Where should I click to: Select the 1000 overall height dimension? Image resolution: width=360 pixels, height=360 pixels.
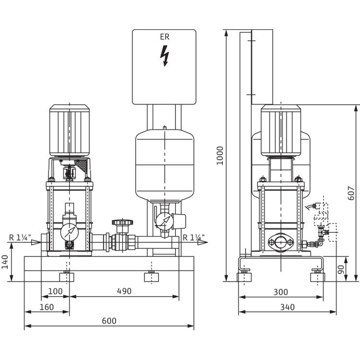coord(220,156)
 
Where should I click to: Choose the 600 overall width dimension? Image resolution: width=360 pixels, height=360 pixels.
coord(109,321)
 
